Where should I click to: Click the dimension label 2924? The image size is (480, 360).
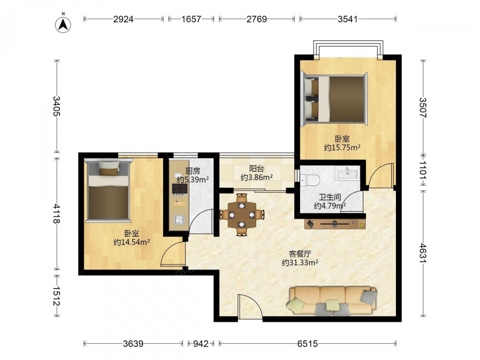(x=123, y=19)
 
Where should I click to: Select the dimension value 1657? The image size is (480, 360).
(x=191, y=19)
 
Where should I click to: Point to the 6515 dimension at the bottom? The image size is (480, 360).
(x=307, y=344)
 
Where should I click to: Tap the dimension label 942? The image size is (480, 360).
(x=201, y=344)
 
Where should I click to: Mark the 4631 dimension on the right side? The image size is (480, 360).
(x=423, y=252)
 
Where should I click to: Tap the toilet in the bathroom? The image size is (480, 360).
(x=310, y=180)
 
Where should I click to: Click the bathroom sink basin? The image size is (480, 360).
(x=348, y=173)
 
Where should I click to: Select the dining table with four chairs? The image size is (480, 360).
(x=242, y=215)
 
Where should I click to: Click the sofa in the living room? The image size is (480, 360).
(x=332, y=300)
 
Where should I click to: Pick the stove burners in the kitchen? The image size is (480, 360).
(x=180, y=189)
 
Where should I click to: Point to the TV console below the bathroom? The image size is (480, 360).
(x=335, y=224)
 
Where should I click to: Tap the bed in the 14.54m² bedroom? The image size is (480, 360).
(x=108, y=190)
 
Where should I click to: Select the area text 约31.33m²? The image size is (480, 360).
(x=300, y=263)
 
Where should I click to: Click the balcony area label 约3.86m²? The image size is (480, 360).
(x=256, y=177)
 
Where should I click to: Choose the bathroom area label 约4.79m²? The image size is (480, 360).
(x=330, y=206)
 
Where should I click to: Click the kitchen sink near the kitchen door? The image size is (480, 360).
(x=179, y=220)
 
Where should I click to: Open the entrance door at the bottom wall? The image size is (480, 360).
(x=250, y=307)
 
